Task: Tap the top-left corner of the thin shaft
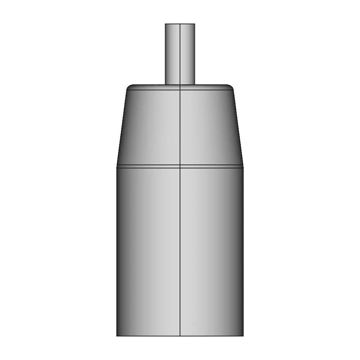166,24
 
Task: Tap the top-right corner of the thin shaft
195,24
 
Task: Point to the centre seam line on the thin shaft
180,53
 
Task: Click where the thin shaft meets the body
180,85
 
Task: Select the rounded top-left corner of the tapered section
129,86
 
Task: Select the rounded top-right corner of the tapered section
231,86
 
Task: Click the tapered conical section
155,127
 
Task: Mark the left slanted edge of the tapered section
122,127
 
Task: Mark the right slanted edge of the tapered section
238,127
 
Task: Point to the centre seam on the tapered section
180,127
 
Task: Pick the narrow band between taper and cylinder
155,166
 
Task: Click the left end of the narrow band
117,166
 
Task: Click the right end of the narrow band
243,166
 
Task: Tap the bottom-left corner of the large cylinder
117,336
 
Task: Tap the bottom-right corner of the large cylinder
243,336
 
